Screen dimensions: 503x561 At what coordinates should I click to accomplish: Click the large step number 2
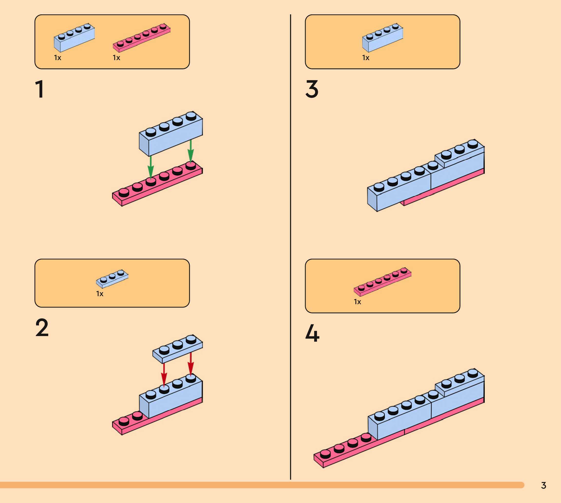[42, 328]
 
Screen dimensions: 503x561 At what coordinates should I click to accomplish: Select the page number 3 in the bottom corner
[543, 485]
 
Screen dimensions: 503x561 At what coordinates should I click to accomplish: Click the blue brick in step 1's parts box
[74, 38]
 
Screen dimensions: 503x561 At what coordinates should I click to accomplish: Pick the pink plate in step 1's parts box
[142, 38]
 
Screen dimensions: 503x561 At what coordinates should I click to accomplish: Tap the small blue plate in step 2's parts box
[112, 279]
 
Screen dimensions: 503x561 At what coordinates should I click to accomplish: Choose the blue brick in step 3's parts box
[383, 38]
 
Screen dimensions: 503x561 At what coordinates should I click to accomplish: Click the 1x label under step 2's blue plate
[100, 294]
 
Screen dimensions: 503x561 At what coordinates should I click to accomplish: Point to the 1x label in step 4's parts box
[357, 302]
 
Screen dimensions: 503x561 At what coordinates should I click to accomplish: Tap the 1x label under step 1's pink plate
[116, 58]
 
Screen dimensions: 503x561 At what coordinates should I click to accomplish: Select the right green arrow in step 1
[190, 151]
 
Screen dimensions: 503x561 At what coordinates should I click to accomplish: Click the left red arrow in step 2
[164, 375]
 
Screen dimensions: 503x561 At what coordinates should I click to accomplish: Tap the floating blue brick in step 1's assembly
[171, 134]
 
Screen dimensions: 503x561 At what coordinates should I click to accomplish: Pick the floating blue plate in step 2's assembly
[177, 349]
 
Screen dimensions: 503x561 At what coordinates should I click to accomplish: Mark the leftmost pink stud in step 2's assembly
[124, 421]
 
